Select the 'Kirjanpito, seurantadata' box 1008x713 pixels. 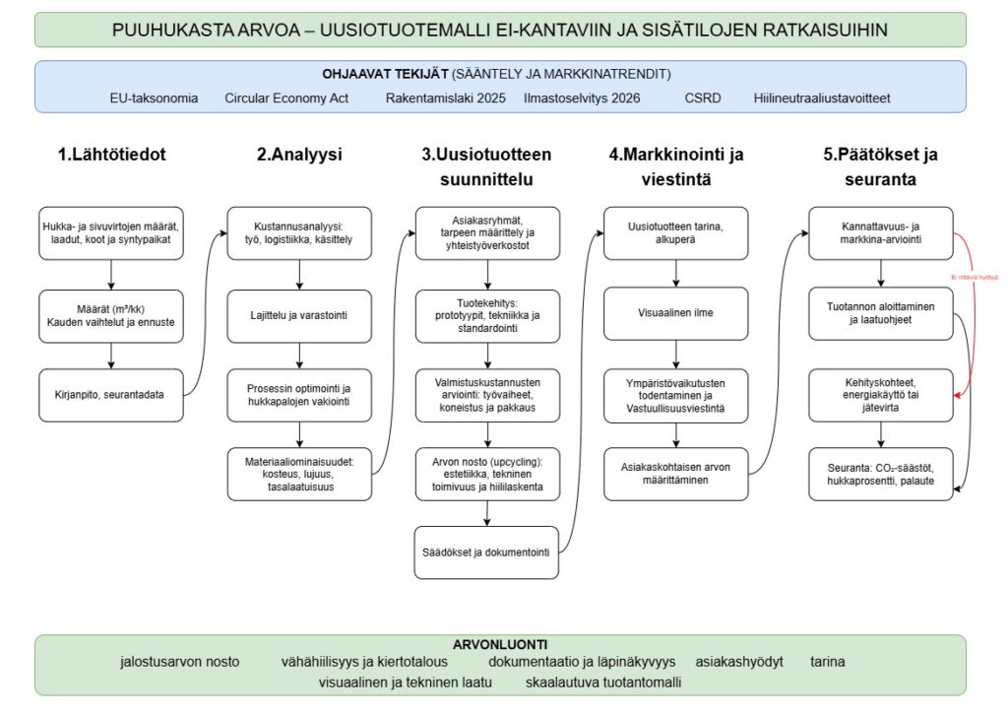[x=111, y=394]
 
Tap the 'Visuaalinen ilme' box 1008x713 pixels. [x=674, y=314]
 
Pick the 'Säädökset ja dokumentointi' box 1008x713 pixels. [x=486, y=552]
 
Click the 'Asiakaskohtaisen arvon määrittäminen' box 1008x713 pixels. [x=674, y=474]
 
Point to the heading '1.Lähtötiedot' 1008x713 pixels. [x=111, y=155]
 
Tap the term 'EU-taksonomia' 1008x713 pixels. [x=154, y=98]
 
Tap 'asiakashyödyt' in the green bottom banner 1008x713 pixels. [x=738, y=662]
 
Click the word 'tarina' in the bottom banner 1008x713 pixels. [x=827, y=662]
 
